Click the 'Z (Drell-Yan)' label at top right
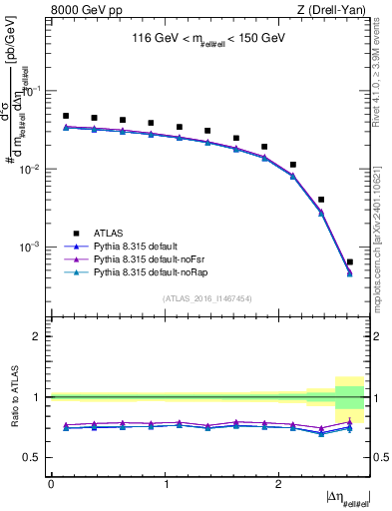(x=334, y=10)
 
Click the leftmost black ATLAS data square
(x=66, y=116)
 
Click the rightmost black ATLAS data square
(x=349, y=262)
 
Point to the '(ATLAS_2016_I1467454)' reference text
(x=207, y=298)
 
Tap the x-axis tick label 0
(x=52, y=484)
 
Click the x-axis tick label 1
(x=166, y=484)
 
